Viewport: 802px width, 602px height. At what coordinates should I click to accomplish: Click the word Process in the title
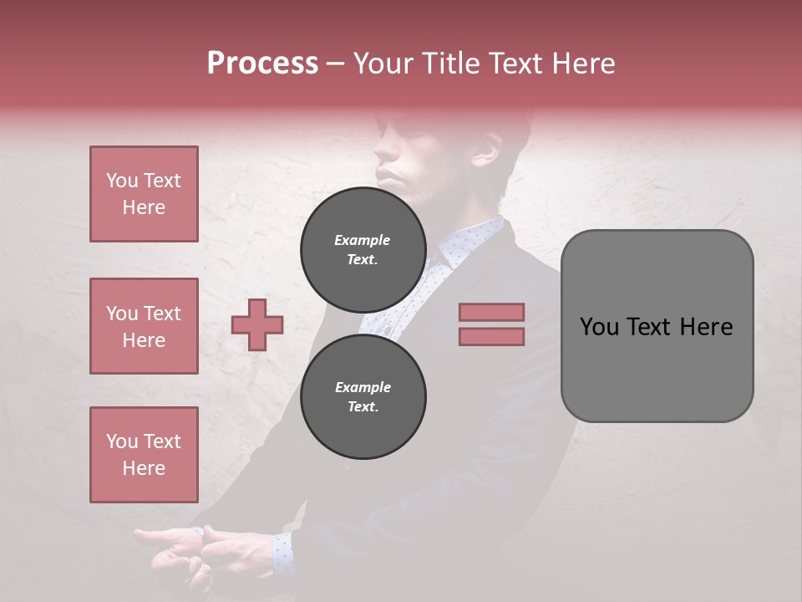[x=262, y=64]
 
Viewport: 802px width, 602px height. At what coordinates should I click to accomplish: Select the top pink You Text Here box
[x=144, y=194]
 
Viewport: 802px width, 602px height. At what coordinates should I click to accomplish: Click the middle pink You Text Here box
[x=144, y=326]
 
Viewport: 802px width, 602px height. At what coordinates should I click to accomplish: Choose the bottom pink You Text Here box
[x=144, y=455]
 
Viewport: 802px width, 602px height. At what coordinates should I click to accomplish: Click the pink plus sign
[x=257, y=324]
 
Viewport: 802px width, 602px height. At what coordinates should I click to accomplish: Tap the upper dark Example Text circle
[x=363, y=249]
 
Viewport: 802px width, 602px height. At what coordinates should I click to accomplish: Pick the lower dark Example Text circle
[x=363, y=396]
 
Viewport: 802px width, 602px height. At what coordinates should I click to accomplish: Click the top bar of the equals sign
[x=491, y=312]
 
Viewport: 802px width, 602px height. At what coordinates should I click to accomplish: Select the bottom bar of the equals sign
[x=491, y=336]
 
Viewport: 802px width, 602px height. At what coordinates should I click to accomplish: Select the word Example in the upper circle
[x=363, y=240]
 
